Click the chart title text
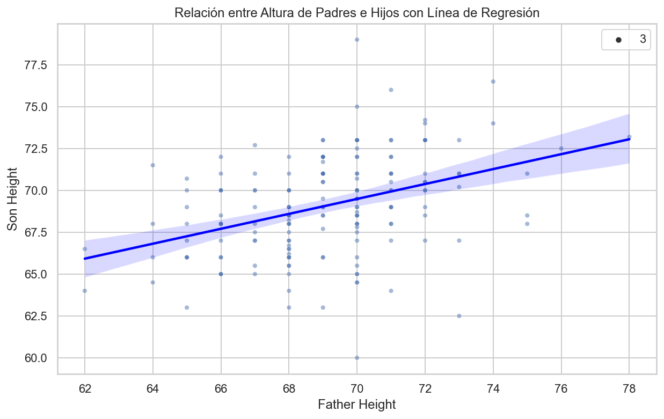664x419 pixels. tap(356, 13)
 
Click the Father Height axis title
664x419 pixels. tap(356, 405)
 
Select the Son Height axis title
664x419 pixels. tap(13, 199)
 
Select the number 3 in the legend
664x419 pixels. tap(643, 40)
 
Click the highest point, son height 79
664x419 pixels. tap(357, 40)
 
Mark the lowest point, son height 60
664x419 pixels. tap(357, 358)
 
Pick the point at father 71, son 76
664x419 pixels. tap(391, 90)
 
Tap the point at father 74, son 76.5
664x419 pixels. tap(493, 82)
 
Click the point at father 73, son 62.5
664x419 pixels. tap(459, 316)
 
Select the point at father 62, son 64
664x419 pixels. tap(85, 291)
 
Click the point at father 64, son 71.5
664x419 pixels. tap(152, 165)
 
